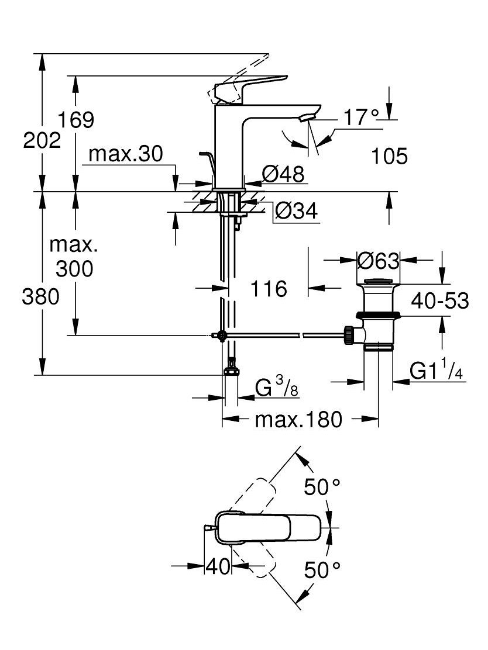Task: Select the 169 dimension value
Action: (x=75, y=120)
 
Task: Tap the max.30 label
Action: (x=126, y=154)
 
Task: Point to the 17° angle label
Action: (x=362, y=117)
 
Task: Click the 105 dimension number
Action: (x=389, y=156)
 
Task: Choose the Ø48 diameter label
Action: (x=283, y=174)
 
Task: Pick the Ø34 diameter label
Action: (x=297, y=210)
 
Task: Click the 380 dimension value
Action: (x=41, y=297)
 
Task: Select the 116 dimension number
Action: (x=269, y=289)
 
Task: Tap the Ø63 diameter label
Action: (x=378, y=261)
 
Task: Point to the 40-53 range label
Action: (x=440, y=300)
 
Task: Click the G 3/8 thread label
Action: (x=276, y=389)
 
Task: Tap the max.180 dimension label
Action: (x=298, y=420)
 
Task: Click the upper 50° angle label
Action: (x=322, y=487)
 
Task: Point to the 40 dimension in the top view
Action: (x=218, y=566)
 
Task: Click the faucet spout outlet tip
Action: (x=305, y=119)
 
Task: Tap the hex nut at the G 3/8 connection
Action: (x=231, y=371)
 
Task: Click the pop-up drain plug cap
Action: (x=377, y=282)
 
